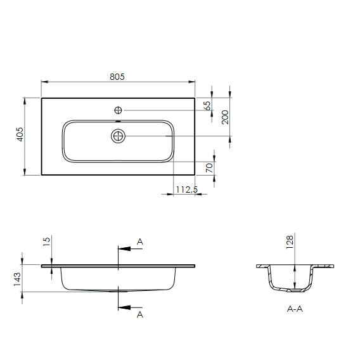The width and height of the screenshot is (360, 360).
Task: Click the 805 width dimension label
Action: tap(117, 77)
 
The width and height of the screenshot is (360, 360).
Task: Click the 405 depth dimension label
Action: tap(20, 134)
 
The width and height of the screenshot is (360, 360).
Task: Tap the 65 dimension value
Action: tap(207, 106)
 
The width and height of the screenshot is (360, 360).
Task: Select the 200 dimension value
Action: tap(225, 117)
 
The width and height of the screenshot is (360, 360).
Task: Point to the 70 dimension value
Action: tap(209, 168)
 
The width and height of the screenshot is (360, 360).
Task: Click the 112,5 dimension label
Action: tap(187, 190)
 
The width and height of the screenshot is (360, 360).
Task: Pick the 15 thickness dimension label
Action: tap(46, 241)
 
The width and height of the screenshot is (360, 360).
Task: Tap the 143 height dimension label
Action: tap(17, 279)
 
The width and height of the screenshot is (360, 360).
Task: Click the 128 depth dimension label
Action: tap(290, 242)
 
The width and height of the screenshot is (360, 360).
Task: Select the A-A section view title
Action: tap(295, 309)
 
